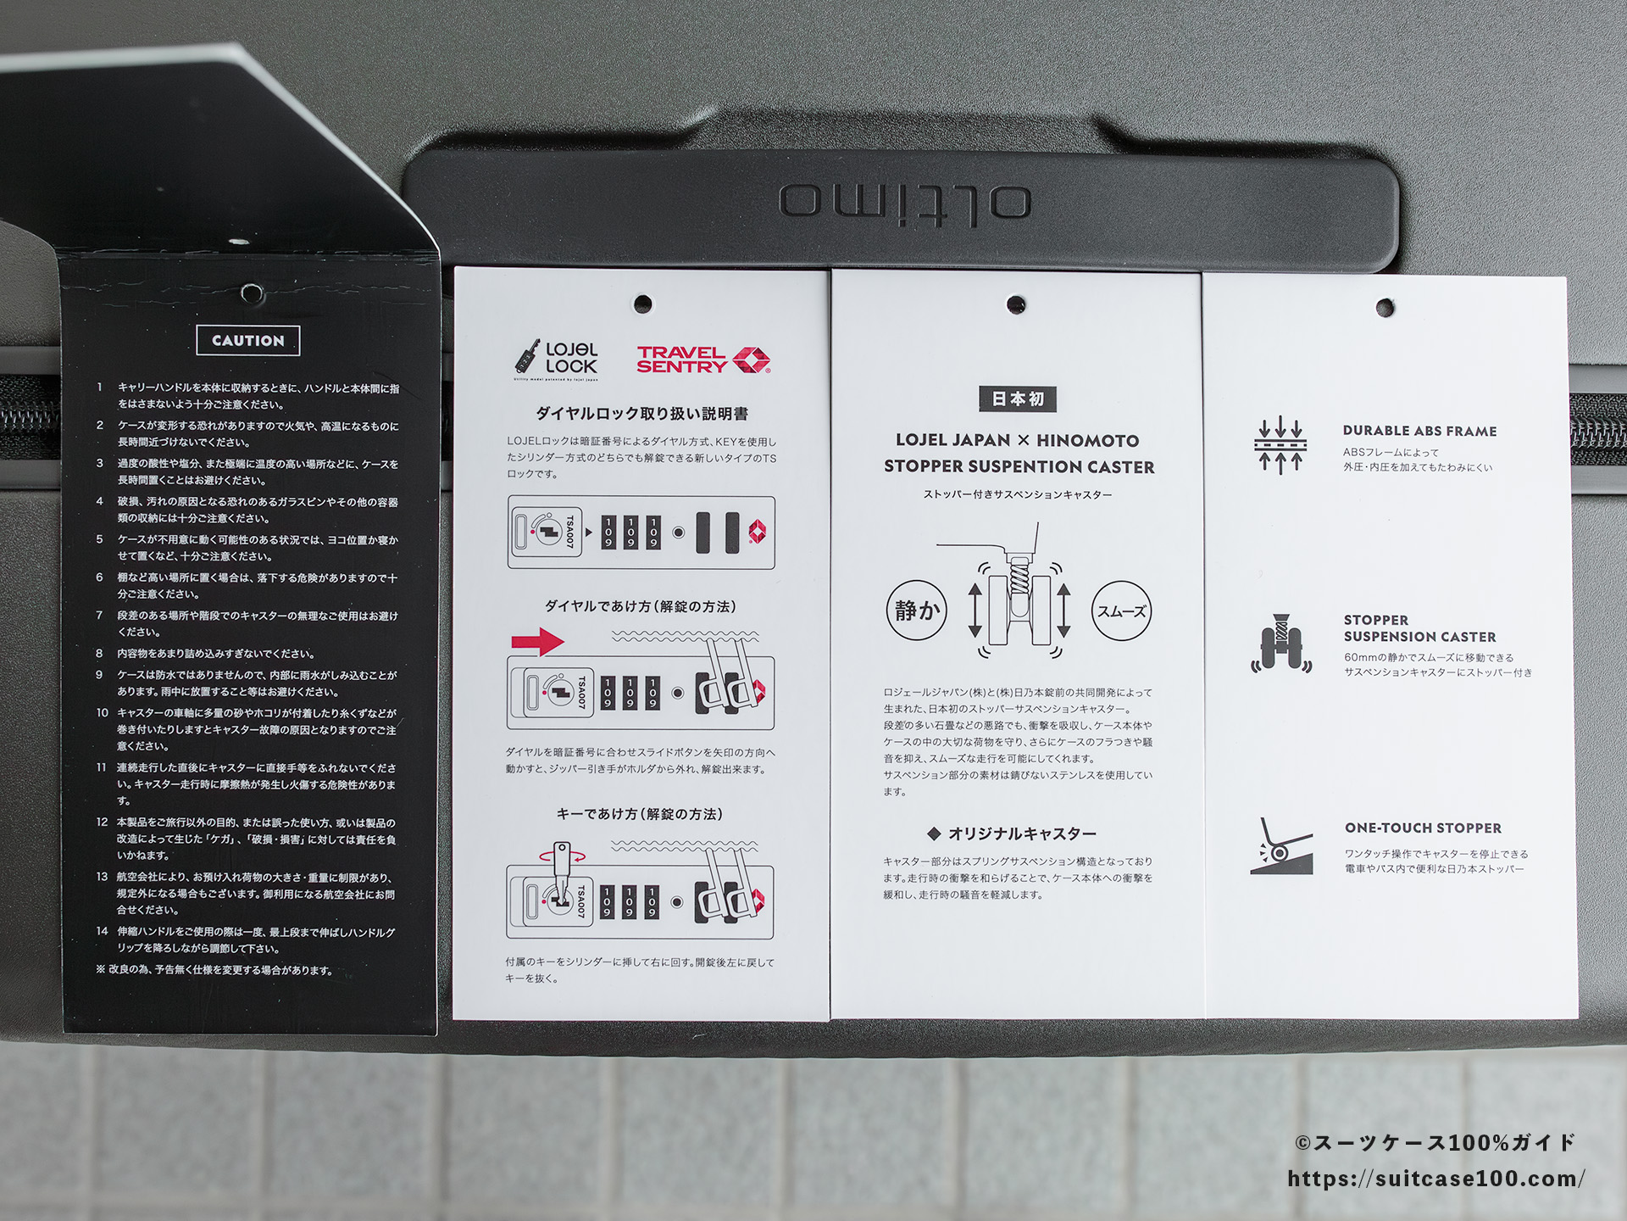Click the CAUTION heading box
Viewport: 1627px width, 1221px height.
(x=248, y=341)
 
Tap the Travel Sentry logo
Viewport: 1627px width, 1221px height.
(x=703, y=360)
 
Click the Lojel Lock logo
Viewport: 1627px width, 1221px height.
(x=556, y=358)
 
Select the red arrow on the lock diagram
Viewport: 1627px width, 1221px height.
(x=538, y=640)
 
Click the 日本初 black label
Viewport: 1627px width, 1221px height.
(x=1018, y=399)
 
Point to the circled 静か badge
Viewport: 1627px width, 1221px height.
(x=917, y=610)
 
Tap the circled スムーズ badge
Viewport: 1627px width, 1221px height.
(x=1122, y=611)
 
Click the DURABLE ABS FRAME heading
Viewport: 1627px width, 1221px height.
(x=1419, y=431)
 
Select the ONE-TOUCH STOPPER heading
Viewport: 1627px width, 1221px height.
(x=1423, y=828)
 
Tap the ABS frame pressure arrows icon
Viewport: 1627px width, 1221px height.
(x=1280, y=445)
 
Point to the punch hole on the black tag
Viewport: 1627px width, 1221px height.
(x=252, y=293)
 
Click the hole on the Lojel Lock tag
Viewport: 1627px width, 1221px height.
(x=643, y=303)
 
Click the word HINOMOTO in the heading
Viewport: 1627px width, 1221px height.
(x=1088, y=441)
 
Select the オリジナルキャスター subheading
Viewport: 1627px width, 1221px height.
(x=1021, y=834)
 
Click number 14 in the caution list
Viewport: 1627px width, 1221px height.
(x=103, y=931)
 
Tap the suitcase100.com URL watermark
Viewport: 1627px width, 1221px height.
(x=1436, y=1179)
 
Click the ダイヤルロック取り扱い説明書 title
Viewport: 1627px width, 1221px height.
(x=641, y=414)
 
